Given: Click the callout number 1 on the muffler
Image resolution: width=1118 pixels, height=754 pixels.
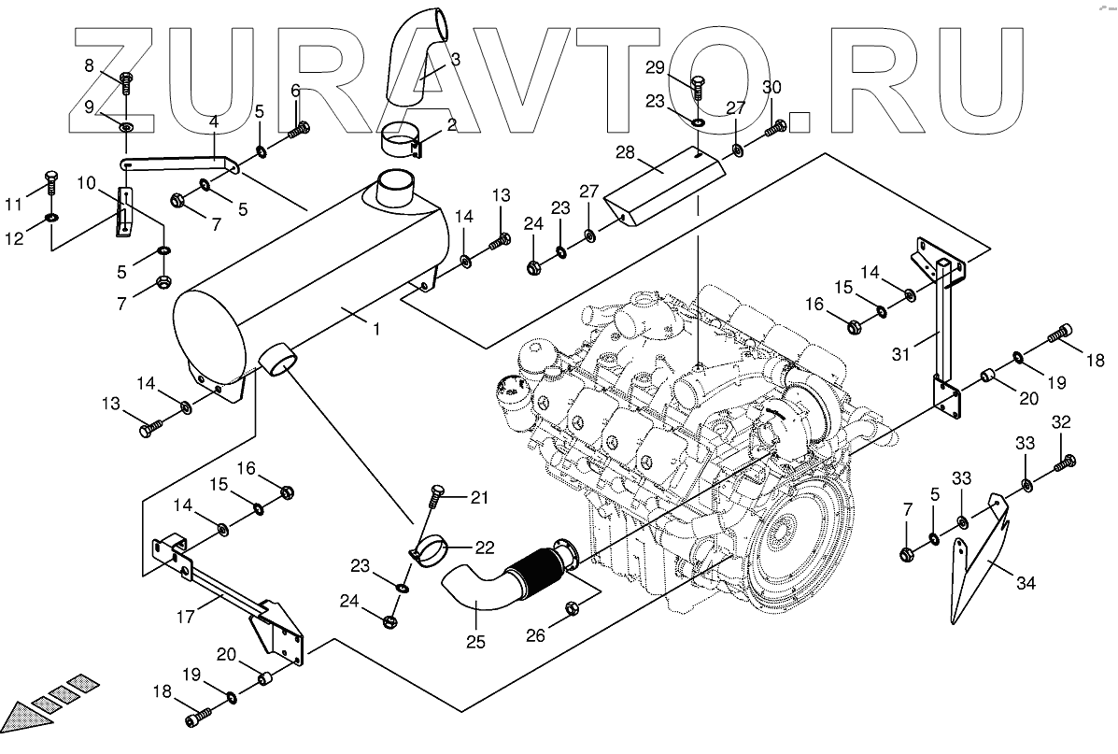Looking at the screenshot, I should click(375, 328).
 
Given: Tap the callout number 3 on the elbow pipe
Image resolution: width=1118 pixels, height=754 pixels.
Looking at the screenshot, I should click(455, 59).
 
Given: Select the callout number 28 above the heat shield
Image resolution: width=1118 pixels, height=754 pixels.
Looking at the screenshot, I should click(625, 151).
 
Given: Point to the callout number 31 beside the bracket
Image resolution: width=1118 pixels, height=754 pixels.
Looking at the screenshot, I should click(900, 354).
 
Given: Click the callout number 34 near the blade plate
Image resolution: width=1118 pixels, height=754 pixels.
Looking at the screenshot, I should click(1026, 584).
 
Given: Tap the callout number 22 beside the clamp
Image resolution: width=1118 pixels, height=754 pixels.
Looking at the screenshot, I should click(485, 548).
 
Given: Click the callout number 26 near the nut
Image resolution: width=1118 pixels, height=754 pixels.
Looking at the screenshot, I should click(535, 637).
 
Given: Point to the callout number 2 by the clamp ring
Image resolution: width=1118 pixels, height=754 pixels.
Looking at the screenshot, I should click(451, 124).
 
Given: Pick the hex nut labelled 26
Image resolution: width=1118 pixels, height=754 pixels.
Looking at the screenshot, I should click(573, 609).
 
